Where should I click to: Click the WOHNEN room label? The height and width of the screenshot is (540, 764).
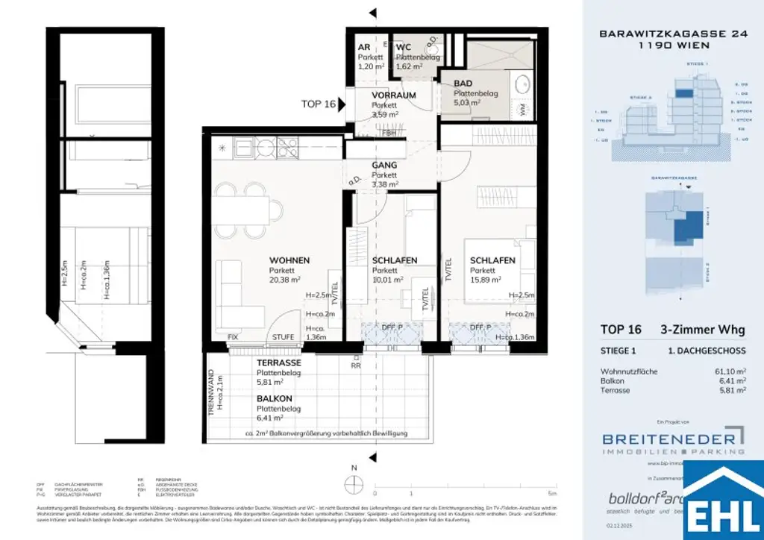(289, 260)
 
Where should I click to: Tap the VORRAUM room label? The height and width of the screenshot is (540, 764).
(393, 95)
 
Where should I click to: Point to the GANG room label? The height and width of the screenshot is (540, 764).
(383, 165)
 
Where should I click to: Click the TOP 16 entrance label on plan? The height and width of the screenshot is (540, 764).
(319, 104)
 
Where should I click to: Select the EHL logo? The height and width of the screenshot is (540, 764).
(722, 504)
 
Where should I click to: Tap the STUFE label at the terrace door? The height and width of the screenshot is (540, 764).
(283, 337)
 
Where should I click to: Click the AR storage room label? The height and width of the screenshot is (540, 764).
(363, 47)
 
